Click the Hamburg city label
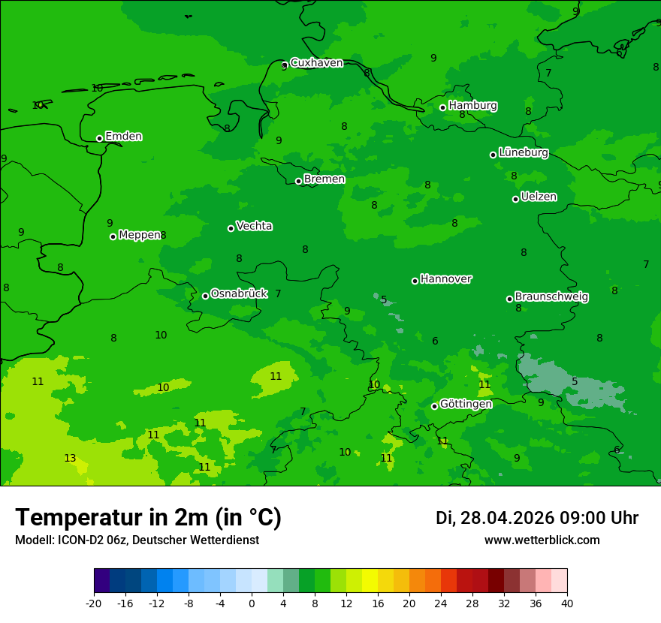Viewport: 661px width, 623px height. (472, 106)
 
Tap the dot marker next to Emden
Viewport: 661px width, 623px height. (99, 138)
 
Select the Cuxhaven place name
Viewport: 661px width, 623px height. (316, 63)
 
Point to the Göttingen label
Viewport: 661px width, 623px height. (466, 404)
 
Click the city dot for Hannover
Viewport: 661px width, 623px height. (415, 281)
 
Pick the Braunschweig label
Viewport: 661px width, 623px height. (551, 296)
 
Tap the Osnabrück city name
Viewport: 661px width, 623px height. (239, 293)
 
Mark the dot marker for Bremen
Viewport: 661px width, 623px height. (298, 181)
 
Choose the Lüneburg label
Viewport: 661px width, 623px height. (523, 152)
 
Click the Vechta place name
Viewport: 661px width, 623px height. (254, 226)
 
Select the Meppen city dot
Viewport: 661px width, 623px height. (113, 236)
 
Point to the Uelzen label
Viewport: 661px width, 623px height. (539, 197)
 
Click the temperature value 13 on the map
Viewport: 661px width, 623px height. (70, 458)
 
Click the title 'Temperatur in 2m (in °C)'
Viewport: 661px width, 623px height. (148, 518)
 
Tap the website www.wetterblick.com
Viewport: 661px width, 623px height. (542, 540)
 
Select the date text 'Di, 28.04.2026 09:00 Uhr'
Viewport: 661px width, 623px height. (536, 518)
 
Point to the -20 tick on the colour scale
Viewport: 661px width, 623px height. (94, 603)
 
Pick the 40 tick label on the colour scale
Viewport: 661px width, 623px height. (566, 603)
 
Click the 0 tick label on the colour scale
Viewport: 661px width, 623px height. (252, 603)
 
